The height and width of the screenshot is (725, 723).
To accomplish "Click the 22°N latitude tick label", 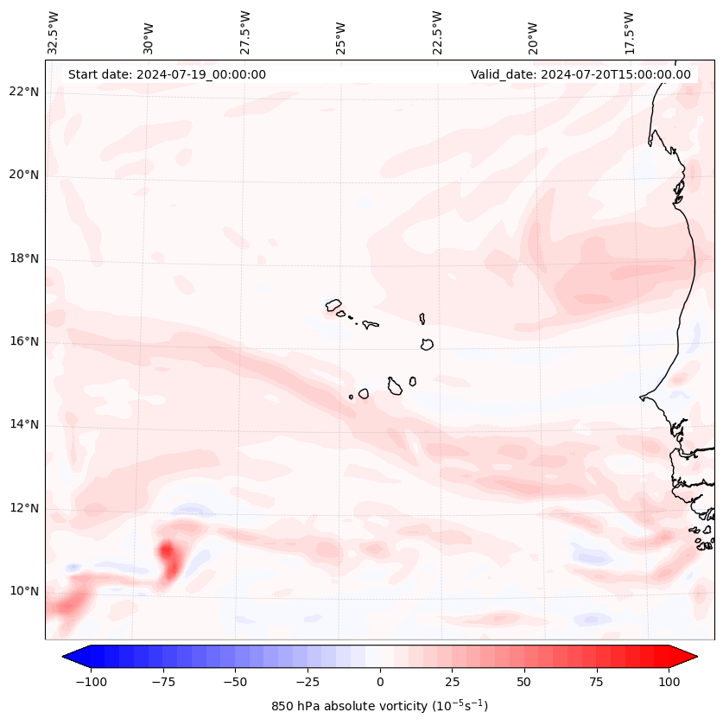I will pyautogui.click(x=24, y=92).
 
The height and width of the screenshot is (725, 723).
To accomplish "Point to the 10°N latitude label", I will pyautogui.click(x=24, y=592).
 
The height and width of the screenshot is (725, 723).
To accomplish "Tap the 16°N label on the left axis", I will pyautogui.click(x=24, y=341).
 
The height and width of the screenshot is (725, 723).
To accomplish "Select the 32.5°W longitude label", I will pyautogui.click(x=54, y=33).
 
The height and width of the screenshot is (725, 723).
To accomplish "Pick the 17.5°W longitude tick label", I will pyautogui.click(x=629, y=33).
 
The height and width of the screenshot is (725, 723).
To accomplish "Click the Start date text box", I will pyautogui.click(x=167, y=74).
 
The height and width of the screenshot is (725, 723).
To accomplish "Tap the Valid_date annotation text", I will pyautogui.click(x=580, y=74).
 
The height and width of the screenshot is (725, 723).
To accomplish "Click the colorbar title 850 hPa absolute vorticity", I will pyautogui.click(x=379, y=706).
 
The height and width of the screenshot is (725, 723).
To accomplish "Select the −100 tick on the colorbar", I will pyautogui.click(x=89, y=682).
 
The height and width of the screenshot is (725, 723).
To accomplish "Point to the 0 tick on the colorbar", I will pyautogui.click(x=380, y=682).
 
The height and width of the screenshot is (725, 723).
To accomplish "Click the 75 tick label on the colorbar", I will pyautogui.click(x=596, y=682).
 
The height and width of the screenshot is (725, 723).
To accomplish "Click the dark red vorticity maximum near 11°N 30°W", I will pyautogui.click(x=168, y=553).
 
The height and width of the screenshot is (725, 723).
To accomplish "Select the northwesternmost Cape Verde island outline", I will pyautogui.click(x=333, y=305).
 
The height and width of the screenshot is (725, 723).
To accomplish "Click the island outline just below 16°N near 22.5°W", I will pyautogui.click(x=427, y=344).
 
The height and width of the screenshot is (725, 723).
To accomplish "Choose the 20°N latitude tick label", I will pyautogui.click(x=24, y=175).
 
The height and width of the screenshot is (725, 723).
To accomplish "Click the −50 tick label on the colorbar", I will pyautogui.click(x=234, y=682).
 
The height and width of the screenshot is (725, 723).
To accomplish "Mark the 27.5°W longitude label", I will pyautogui.click(x=245, y=33).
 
